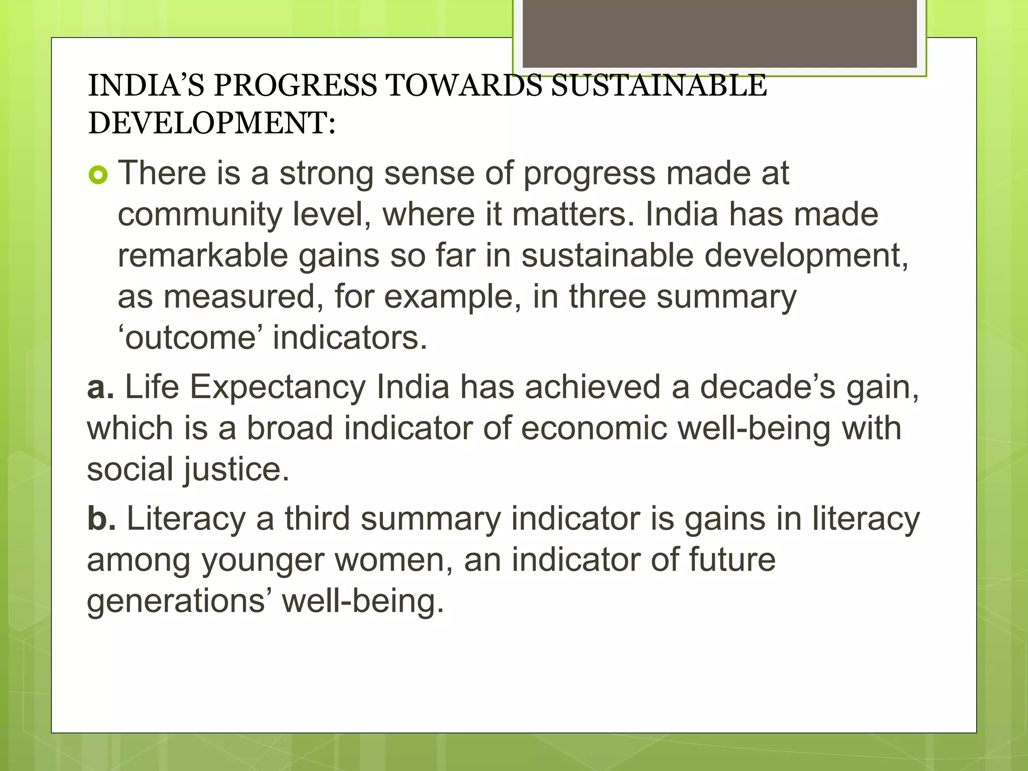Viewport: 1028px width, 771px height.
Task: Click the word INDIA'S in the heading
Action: [x=146, y=85]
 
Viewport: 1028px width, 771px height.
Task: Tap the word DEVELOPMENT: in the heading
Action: [x=212, y=123]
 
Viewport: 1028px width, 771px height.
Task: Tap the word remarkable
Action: [x=202, y=255]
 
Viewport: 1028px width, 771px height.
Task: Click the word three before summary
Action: [x=607, y=297]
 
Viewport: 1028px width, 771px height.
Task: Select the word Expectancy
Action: [x=278, y=388]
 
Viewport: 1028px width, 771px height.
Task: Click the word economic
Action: [x=593, y=429]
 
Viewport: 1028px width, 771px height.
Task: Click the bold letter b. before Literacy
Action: [x=101, y=519]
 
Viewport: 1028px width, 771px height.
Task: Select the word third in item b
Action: [x=317, y=519]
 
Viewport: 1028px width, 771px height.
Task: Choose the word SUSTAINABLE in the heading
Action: [x=659, y=85]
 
